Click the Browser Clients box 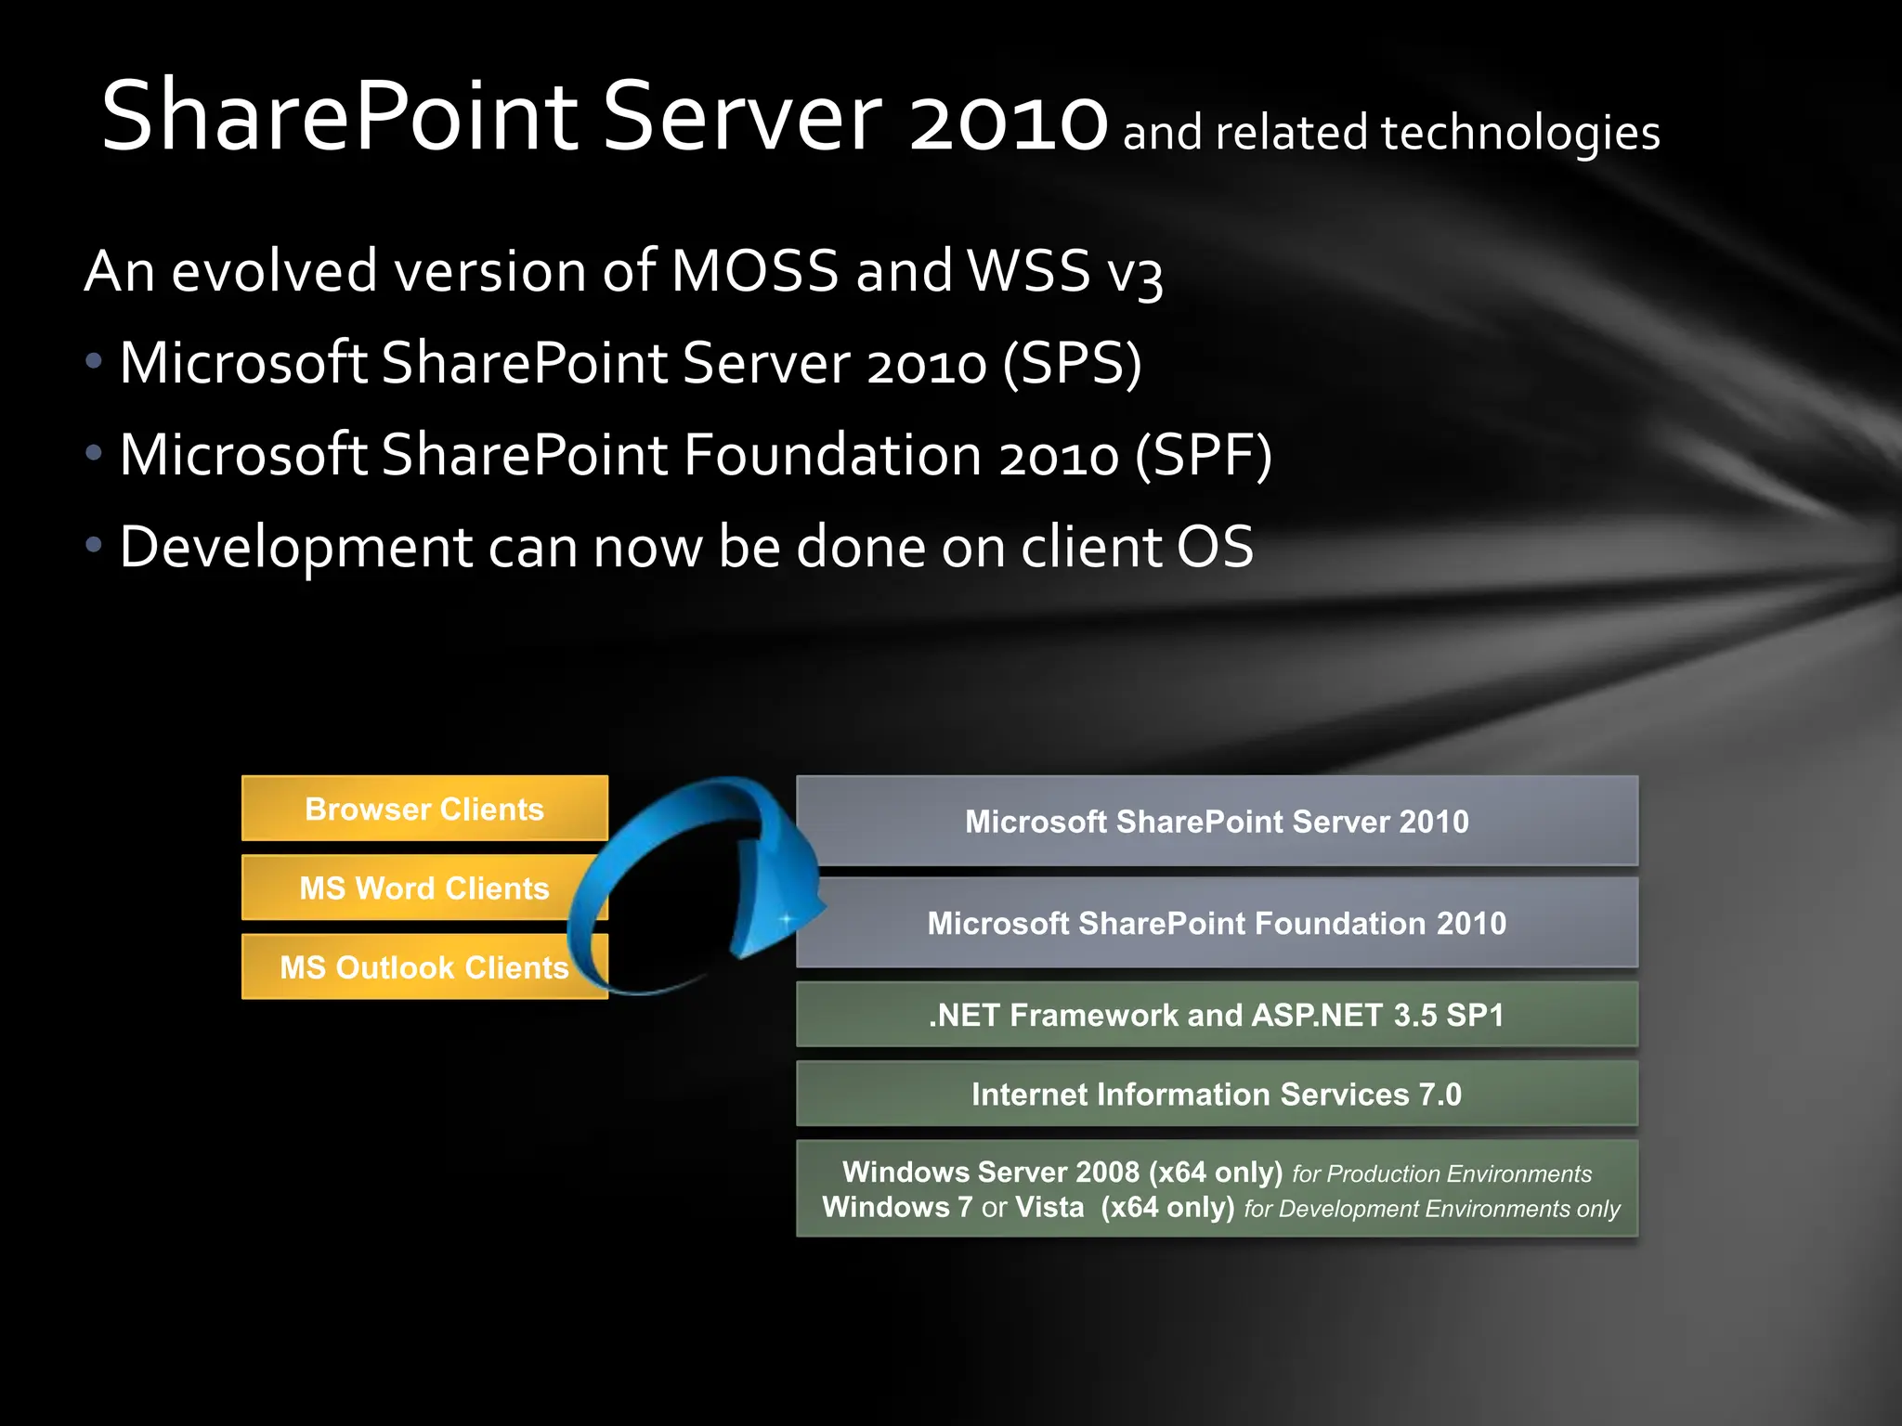(x=424, y=809)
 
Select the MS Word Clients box (x=424, y=888)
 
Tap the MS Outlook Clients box (x=424, y=967)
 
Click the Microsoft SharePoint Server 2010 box (x=1217, y=822)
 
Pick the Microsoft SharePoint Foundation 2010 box (x=1217, y=924)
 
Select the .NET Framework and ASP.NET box (x=1217, y=1015)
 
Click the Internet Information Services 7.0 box (x=1217, y=1095)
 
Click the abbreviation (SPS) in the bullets (x=1072, y=363)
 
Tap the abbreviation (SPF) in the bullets (x=1203, y=456)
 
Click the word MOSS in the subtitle (x=754, y=271)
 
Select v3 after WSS (x=1134, y=274)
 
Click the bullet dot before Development (x=94, y=545)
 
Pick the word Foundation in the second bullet (x=832, y=456)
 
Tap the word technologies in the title (x=1520, y=133)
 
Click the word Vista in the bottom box (x=1049, y=1207)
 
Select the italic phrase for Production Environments (x=1441, y=1174)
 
